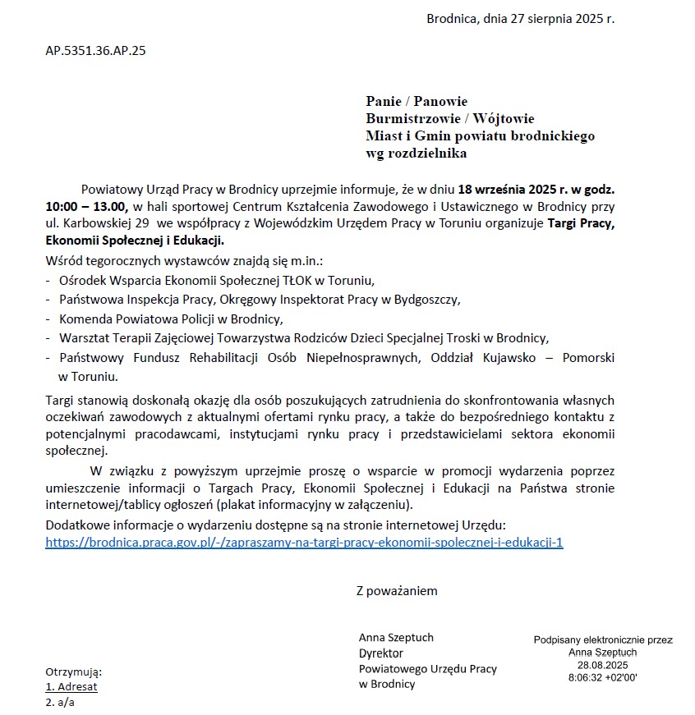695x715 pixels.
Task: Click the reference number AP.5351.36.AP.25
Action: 95,51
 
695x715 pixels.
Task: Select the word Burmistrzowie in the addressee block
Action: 408,119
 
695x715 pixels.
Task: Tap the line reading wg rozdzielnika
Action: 416,153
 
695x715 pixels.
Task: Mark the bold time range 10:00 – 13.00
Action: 86,206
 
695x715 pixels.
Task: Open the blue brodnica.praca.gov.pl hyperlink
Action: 304,543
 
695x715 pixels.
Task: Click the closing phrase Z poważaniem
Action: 397,591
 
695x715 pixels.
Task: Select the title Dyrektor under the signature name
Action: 380,653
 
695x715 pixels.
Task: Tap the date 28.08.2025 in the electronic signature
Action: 602,665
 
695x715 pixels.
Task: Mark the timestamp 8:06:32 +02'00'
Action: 602,678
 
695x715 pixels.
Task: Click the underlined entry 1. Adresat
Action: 71,686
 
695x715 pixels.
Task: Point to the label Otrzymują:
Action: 73,671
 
